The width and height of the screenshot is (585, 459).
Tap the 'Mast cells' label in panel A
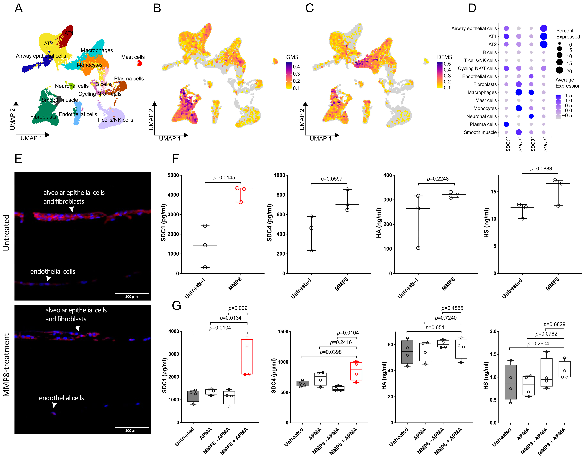tap(133, 57)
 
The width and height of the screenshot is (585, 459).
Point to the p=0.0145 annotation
tap(224, 178)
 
